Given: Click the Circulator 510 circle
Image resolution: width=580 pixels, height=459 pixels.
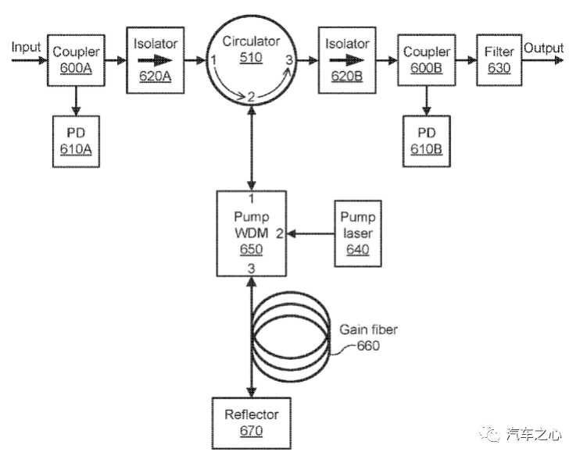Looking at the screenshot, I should (x=251, y=61).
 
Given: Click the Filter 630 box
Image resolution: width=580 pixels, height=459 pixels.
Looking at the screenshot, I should (x=499, y=59).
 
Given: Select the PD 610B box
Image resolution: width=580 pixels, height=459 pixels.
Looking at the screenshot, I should (x=426, y=141).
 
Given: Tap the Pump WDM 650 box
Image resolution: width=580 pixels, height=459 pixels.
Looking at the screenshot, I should (x=251, y=232).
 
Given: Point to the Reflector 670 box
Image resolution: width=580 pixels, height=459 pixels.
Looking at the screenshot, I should (x=251, y=422).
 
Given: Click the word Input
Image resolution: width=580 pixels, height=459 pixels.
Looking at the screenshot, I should (x=26, y=48).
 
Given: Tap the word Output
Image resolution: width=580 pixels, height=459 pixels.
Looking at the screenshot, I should (x=543, y=48).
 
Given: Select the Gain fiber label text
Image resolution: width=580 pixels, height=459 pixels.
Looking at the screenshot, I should (x=367, y=330).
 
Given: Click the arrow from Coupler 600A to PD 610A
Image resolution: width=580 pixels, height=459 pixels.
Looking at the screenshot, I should (x=76, y=99).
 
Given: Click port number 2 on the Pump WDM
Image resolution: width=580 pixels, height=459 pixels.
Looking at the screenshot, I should (x=280, y=233).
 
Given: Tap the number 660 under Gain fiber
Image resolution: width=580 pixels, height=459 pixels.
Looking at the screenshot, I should (x=367, y=345).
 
